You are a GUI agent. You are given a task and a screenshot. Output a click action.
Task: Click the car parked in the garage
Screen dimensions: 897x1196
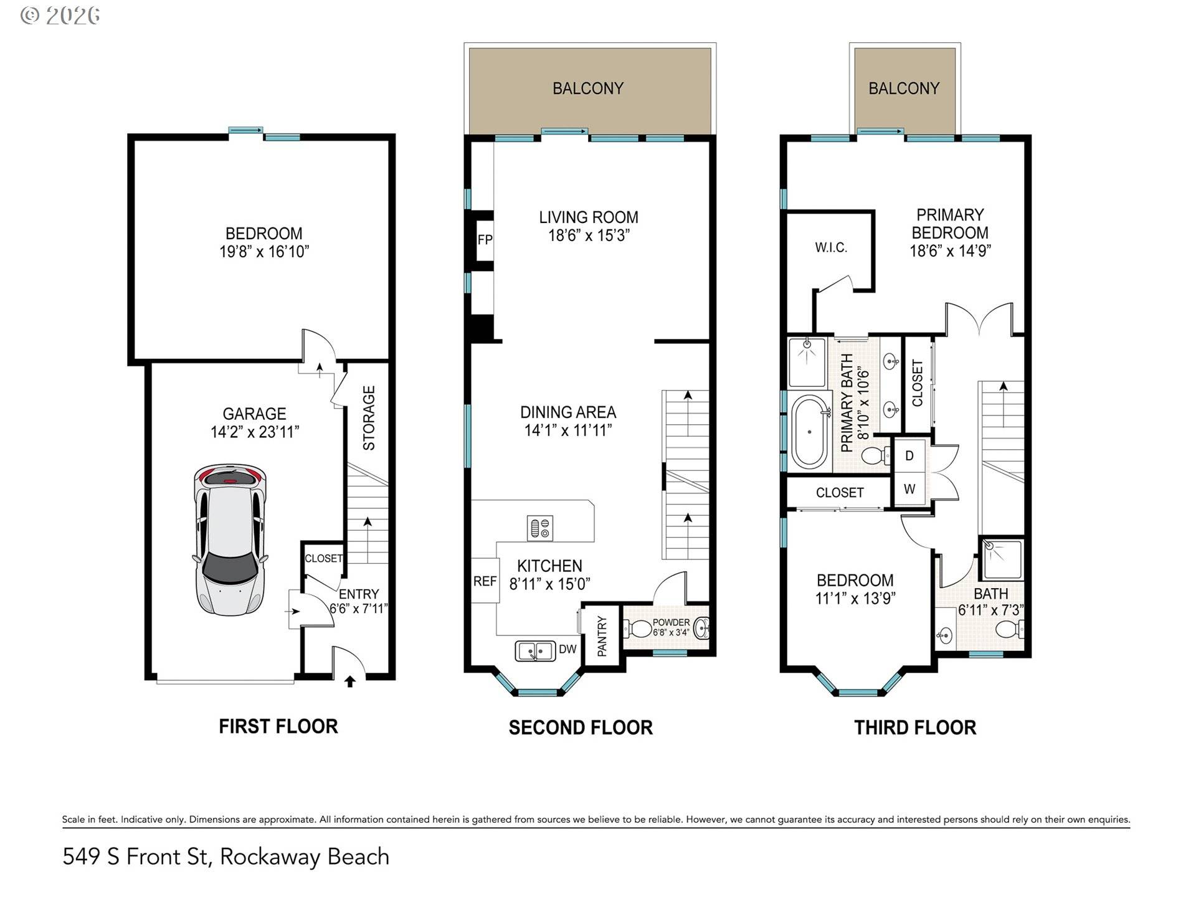231,539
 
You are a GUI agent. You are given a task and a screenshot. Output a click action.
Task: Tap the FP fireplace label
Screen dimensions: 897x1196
485,240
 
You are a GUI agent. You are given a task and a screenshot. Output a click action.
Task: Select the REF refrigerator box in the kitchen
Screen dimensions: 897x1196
485,581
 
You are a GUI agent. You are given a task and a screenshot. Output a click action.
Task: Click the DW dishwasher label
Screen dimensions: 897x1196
567,650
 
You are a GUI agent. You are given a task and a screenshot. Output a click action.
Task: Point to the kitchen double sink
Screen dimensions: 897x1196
535,651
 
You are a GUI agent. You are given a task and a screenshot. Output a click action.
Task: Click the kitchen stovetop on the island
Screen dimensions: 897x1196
539,529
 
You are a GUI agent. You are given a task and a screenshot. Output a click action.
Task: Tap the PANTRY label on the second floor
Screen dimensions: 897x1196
602,636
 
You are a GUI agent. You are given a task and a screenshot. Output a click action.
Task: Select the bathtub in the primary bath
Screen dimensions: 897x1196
809,431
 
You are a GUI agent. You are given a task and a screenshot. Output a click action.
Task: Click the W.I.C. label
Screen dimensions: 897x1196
831,248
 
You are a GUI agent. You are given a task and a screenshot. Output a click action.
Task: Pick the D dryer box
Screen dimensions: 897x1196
909,456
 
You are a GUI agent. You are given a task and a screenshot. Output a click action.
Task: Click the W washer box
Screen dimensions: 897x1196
909,490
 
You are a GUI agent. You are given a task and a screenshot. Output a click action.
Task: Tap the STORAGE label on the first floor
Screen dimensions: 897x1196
369,418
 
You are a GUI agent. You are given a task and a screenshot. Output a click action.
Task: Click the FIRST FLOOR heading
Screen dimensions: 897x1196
278,726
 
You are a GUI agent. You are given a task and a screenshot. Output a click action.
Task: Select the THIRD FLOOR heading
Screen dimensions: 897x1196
914,728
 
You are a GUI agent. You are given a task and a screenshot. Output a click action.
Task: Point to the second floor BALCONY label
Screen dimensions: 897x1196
588,88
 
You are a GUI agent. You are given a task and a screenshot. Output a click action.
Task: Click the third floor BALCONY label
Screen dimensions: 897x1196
904,88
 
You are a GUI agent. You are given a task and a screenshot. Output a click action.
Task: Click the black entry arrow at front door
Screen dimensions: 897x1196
349,682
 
